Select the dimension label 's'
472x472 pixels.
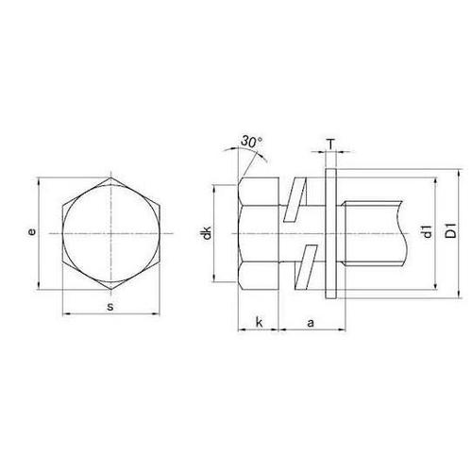click(110, 308)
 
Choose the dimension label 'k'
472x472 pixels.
click(258, 324)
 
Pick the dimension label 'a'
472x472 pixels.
click(309, 324)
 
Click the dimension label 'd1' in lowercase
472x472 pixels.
click(428, 232)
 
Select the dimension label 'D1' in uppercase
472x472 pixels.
click(450, 232)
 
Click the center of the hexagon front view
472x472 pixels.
click(110, 232)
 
